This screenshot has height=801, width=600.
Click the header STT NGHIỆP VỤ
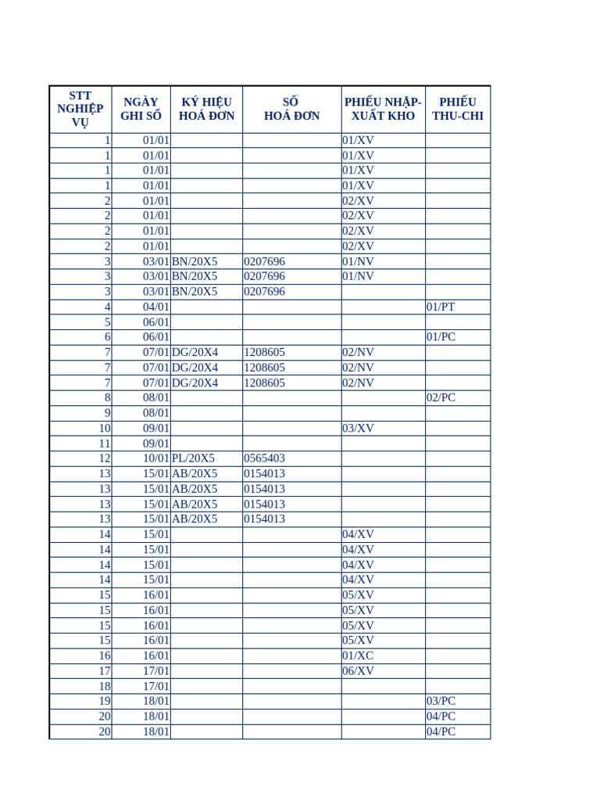(x=80, y=109)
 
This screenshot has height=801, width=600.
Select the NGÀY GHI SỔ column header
(x=141, y=109)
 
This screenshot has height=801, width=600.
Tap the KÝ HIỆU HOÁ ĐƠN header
(x=206, y=109)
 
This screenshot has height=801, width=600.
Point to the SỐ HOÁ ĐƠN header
(x=291, y=109)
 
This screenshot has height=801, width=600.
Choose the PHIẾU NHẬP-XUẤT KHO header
(x=383, y=109)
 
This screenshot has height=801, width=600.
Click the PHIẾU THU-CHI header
(x=458, y=109)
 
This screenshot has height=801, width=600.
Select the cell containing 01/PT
(x=441, y=307)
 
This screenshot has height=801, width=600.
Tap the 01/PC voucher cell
(x=441, y=337)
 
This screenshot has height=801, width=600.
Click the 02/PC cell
(x=441, y=397)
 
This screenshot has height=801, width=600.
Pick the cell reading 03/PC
(x=441, y=701)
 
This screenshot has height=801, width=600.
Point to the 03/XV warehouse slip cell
(x=359, y=428)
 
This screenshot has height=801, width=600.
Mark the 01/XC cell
(x=359, y=656)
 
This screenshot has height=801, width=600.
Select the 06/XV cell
(x=359, y=670)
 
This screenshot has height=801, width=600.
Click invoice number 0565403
(x=265, y=458)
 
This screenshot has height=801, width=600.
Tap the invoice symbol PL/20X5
(x=193, y=458)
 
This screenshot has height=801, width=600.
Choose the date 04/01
(x=156, y=307)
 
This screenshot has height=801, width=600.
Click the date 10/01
(x=156, y=458)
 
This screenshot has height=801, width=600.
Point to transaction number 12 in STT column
(x=104, y=458)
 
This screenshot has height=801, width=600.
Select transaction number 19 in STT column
(x=104, y=701)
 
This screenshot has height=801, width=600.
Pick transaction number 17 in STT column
(x=104, y=670)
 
